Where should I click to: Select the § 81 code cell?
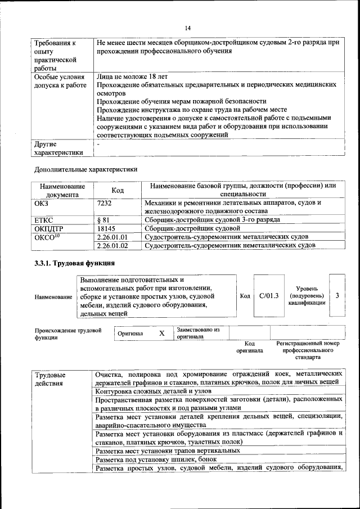pyautogui.click(x=102, y=220)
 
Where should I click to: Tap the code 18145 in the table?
pyautogui.click(x=106, y=228)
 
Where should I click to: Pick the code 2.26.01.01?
pyautogui.click(x=112, y=237)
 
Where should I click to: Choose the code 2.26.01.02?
pyautogui.click(x=112, y=245)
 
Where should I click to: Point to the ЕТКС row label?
pyautogui.click(x=44, y=220)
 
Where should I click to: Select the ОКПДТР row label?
pyautogui.click(x=48, y=228)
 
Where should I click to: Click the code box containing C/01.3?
pyautogui.click(x=269, y=295)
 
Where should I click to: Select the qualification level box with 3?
pyautogui.click(x=337, y=295)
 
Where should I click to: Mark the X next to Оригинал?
pyautogui.click(x=161, y=333)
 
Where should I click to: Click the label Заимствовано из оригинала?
pyautogui.click(x=197, y=333)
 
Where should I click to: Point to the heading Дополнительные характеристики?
pyautogui.click(x=85, y=169)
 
